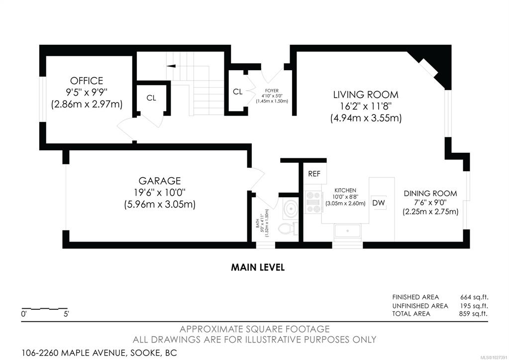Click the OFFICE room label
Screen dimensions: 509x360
(x=87, y=81)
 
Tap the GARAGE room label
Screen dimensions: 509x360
(x=160, y=181)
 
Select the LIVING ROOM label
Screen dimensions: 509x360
(x=366, y=95)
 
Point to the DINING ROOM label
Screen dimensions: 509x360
(x=430, y=194)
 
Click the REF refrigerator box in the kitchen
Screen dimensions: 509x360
(x=314, y=173)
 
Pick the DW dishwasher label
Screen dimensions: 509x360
(x=379, y=203)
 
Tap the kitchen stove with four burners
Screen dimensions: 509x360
(x=313, y=202)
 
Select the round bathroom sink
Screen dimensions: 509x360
(x=290, y=208)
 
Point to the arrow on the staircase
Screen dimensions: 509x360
(x=171, y=66)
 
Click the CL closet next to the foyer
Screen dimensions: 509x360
(x=238, y=92)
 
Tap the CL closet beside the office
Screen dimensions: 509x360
(x=151, y=98)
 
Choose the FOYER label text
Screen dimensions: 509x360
(x=272, y=91)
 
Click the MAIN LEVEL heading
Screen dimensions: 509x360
(x=258, y=267)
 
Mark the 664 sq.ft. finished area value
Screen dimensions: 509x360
(x=474, y=297)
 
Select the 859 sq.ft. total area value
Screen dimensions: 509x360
(x=474, y=314)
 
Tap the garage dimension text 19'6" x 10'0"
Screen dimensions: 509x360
(x=160, y=193)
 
